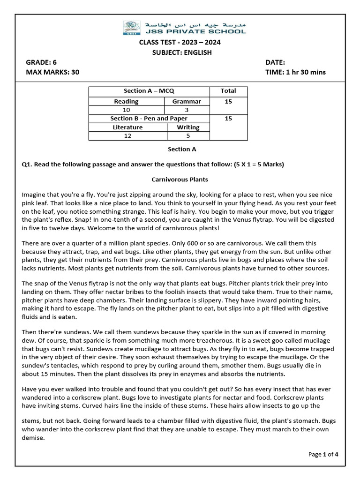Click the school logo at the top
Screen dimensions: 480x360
point(131,28)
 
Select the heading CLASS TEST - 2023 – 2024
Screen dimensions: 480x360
point(180,43)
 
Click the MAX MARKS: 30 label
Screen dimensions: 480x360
point(52,72)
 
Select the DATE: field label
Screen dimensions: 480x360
point(275,62)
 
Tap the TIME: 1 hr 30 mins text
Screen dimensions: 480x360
point(295,72)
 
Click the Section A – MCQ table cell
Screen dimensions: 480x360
point(149,91)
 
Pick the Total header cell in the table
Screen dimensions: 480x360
point(228,91)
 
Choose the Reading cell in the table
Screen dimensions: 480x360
point(126,101)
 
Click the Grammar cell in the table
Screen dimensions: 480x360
point(187,101)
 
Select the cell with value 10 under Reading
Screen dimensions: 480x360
point(126,110)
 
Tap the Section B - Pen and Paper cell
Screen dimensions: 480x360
point(149,119)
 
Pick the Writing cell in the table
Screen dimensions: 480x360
point(188,127)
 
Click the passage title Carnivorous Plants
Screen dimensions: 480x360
point(180,180)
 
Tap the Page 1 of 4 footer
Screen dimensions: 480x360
point(323,454)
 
